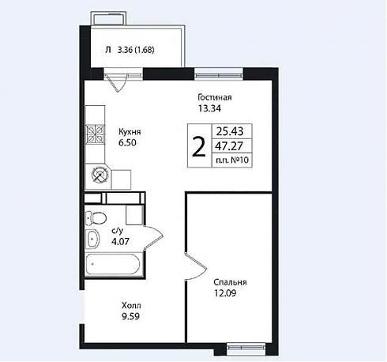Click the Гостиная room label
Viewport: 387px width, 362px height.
coord(215,97)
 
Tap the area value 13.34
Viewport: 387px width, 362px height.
coord(209,108)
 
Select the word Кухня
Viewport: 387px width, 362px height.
coord(130,131)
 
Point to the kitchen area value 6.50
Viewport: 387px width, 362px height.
coord(127,142)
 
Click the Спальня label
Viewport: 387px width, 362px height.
coord(230,282)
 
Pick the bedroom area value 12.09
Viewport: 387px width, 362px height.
coord(225,293)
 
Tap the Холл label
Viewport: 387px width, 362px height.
coord(131,306)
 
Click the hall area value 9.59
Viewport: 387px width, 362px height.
coord(130,316)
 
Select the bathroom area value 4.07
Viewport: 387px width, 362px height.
coord(120,241)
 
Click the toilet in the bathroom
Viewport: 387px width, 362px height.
coord(96,218)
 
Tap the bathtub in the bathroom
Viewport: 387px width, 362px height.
coord(113,264)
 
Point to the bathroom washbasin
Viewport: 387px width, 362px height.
coord(92,239)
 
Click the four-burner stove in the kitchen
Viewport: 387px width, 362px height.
coord(95,134)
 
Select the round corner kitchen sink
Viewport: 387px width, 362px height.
coord(100,175)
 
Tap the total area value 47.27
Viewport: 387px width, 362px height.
coord(229,146)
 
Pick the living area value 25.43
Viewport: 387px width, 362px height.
coord(230,131)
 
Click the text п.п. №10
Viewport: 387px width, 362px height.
coord(232,160)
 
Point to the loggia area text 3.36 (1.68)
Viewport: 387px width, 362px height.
coord(136,50)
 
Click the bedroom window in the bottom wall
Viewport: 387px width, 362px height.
coord(246,347)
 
